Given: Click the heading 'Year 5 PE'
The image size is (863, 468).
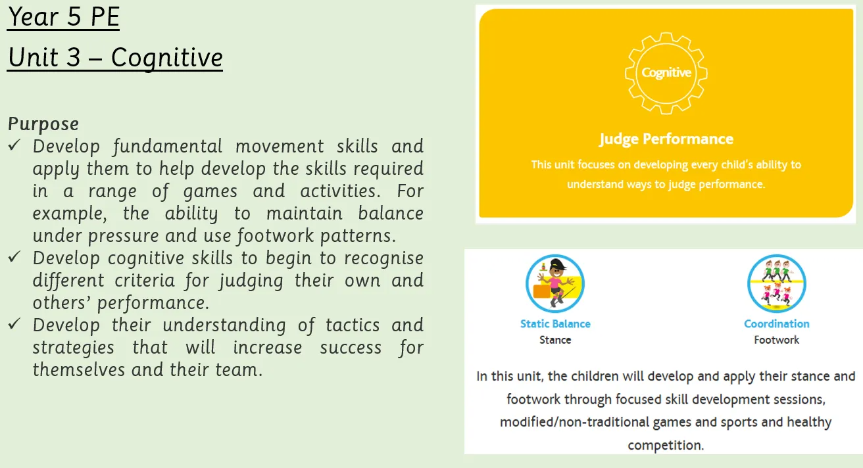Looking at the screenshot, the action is tap(64, 17).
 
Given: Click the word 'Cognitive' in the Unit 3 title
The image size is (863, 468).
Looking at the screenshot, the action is tap(167, 58).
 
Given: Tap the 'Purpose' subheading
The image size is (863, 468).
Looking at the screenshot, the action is tap(43, 124).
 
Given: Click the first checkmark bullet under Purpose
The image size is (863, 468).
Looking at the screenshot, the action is tap(14, 145).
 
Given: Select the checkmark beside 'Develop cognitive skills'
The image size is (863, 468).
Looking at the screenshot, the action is tap(14, 257).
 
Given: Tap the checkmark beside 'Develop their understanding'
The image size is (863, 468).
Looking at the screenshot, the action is tap(14, 323).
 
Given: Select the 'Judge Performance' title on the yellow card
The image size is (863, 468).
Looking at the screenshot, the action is tap(666, 139).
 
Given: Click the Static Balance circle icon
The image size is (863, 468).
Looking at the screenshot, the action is tap(555, 284).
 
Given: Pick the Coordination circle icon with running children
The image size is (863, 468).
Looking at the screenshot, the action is tap(776, 284).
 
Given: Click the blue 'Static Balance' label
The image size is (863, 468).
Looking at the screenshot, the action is tap(555, 324).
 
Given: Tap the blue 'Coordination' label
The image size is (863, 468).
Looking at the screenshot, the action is tap(777, 324).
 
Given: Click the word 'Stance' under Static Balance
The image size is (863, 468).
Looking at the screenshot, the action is tap(555, 340).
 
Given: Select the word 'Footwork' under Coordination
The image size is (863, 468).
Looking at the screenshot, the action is tap(777, 340).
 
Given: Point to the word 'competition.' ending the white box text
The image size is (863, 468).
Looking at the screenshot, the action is tap(666, 446).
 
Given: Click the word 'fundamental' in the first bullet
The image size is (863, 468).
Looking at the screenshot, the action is tap(168, 147).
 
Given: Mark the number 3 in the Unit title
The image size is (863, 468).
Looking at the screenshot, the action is tap(74, 58).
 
